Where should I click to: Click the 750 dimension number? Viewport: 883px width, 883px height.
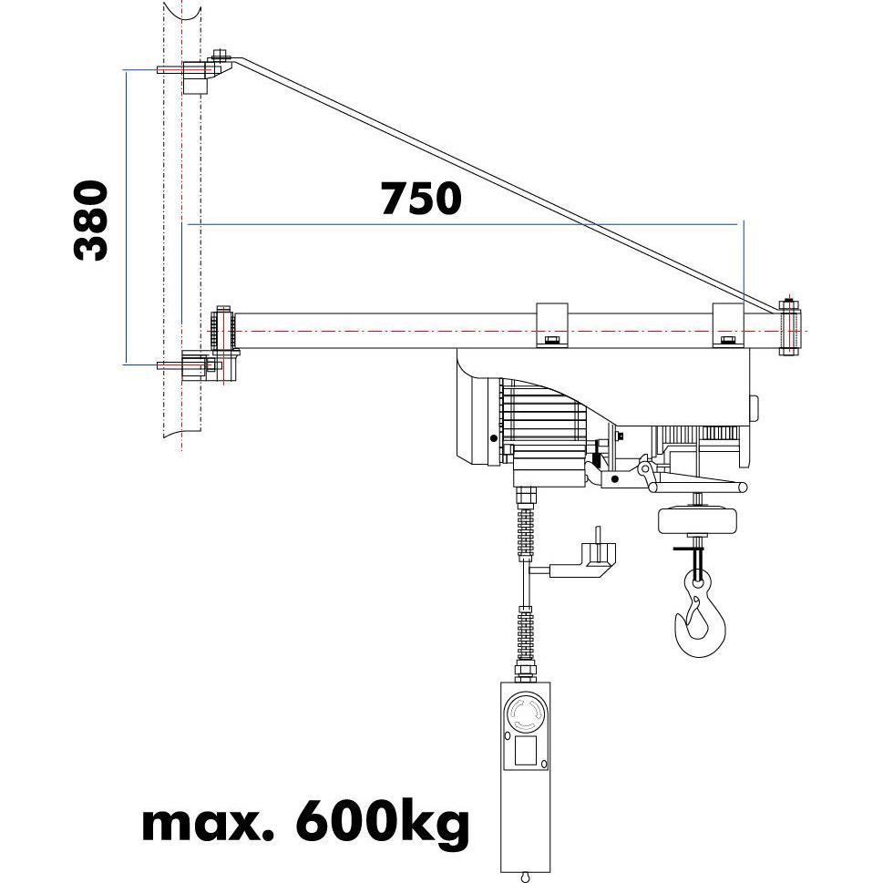click(x=421, y=199)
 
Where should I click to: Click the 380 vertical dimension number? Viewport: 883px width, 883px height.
click(x=91, y=221)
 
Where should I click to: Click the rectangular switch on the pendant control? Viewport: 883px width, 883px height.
click(x=527, y=752)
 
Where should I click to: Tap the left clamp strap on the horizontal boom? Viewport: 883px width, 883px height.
click(x=550, y=325)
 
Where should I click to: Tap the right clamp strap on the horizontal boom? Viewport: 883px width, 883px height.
click(x=727, y=325)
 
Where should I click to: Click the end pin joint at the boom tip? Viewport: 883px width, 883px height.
click(x=789, y=329)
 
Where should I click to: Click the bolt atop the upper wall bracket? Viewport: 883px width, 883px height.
click(x=220, y=56)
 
